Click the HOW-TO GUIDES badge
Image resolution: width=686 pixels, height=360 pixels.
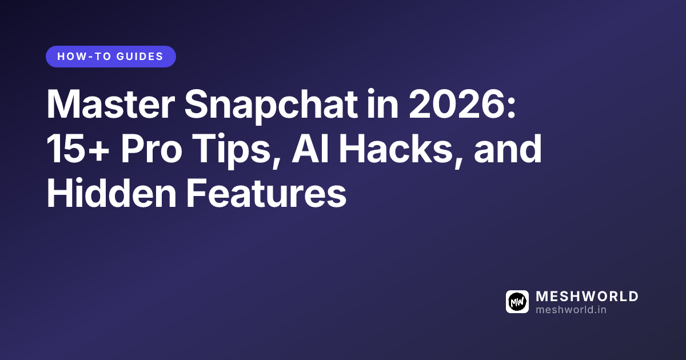click(x=110, y=57)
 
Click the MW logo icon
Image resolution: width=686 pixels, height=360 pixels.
click(x=517, y=302)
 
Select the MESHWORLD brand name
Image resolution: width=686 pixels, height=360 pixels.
click(x=587, y=297)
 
